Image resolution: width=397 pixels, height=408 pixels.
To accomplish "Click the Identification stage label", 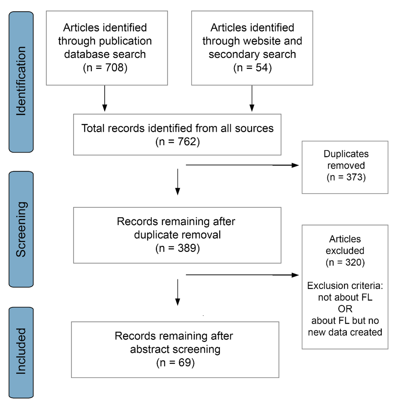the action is coord(21,81).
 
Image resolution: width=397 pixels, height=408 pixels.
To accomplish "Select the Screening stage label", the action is coord(21,229).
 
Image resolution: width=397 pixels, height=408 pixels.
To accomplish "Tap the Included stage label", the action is coord(21,351).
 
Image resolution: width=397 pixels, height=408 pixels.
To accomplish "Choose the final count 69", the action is coord(184,362).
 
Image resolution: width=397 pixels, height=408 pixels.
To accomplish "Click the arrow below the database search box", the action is coord(105,98).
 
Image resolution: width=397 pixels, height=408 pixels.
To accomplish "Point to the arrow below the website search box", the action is coord(252,98).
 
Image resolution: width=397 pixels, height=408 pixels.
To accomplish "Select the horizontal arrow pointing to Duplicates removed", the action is coord(243,165).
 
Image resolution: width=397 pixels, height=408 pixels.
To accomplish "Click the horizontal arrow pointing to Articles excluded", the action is coord(243,275).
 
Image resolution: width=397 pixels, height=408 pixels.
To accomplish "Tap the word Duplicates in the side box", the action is coord(346,154).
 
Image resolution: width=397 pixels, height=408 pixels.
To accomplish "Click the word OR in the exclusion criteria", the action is coord(345,309).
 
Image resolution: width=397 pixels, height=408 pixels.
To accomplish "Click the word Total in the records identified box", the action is coord(93,128).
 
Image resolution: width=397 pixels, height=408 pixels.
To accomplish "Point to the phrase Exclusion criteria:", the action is coord(345,286).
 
